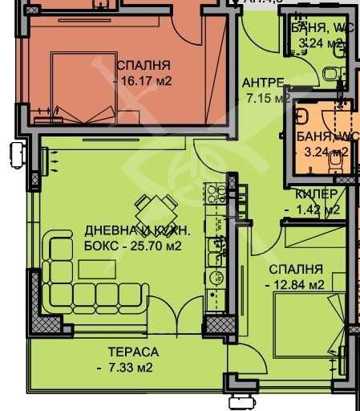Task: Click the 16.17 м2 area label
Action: [145, 81]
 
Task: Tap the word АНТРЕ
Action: [262, 83]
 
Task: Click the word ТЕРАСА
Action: [134, 352]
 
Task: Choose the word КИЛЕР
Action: [315, 194]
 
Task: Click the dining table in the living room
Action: [150, 213]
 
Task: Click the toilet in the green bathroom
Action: [330, 75]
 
